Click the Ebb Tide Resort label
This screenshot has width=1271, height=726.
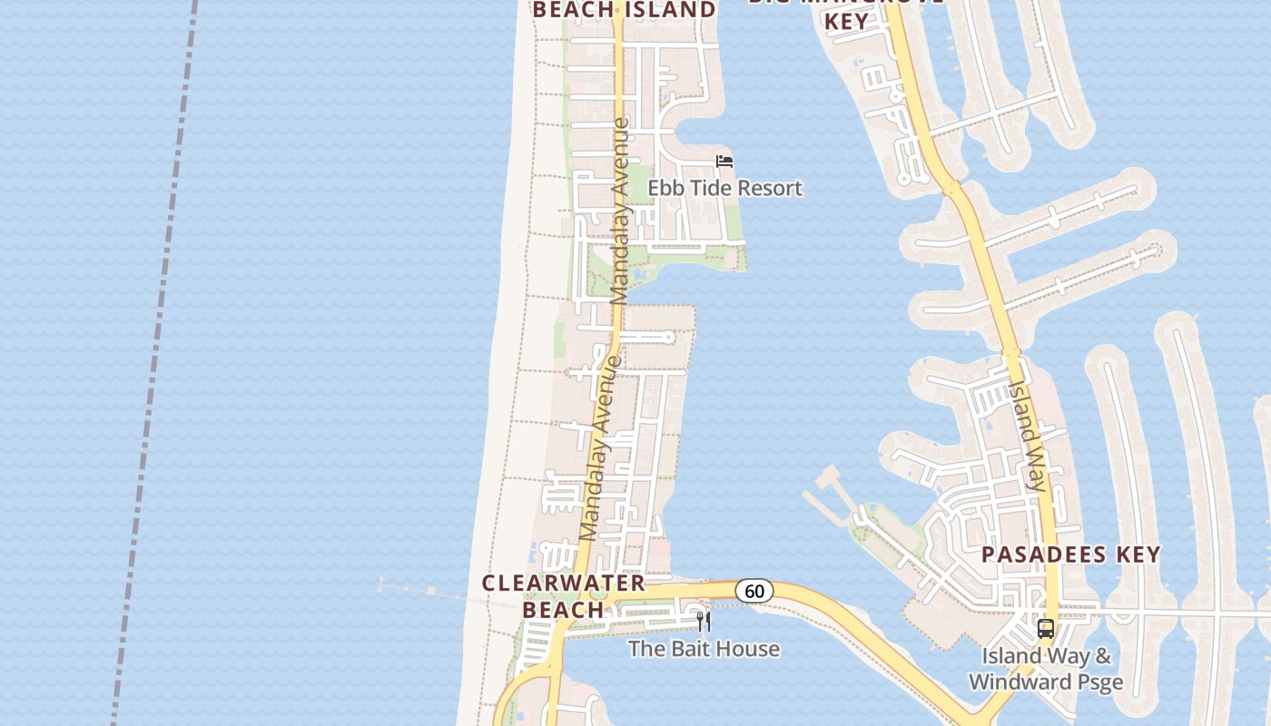[x=724, y=189]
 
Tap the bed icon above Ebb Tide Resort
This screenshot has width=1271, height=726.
[x=724, y=162]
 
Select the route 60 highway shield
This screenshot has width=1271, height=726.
[x=754, y=591]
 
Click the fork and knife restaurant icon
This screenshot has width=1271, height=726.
[x=703, y=622]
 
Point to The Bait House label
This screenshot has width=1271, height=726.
[x=704, y=649]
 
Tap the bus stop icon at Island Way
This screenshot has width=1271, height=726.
[x=1046, y=628]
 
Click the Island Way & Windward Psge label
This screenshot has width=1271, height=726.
[x=1046, y=669]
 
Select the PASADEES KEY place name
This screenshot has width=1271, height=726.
[x=1071, y=554]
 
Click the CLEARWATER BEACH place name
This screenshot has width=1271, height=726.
[x=564, y=596]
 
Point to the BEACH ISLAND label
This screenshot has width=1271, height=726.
[x=624, y=10]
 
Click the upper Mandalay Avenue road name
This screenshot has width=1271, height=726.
[x=620, y=211]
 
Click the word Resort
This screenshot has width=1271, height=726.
[x=771, y=189]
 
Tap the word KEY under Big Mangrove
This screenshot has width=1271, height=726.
[x=846, y=23]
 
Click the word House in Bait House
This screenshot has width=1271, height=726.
[x=747, y=649]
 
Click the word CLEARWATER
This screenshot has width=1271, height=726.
[x=564, y=584]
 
